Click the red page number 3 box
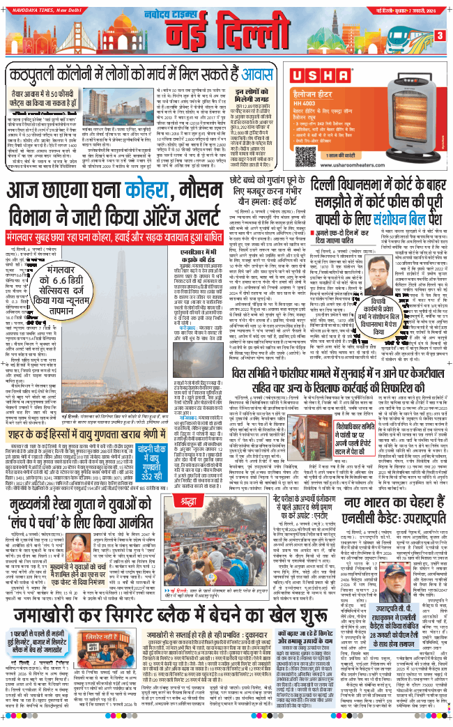[x=440, y=36]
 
